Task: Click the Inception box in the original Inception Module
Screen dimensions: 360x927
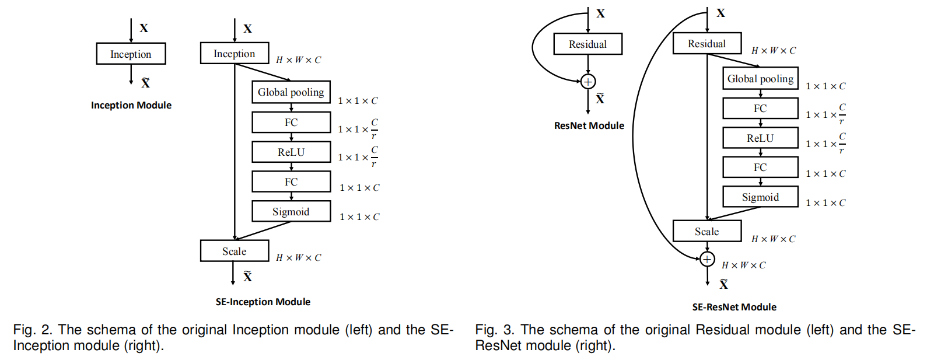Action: pos(131,54)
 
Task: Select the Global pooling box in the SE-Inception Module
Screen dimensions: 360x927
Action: pos(291,92)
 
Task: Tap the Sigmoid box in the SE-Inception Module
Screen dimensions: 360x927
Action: pos(291,211)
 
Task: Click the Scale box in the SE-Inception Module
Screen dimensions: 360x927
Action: pos(234,251)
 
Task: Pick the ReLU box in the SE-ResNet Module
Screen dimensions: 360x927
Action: pos(760,138)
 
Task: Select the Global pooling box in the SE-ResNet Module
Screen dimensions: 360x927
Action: pos(760,79)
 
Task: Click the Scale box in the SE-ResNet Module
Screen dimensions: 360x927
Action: pos(706,231)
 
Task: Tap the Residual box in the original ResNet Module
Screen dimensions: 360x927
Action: pos(587,44)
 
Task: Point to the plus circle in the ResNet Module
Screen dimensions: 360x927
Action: pos(588,82)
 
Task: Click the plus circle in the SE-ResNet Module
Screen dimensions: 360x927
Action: pos(707,259)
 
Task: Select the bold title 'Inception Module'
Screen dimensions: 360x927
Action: pos(131,105)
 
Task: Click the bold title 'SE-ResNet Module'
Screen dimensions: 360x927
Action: pos(734,307)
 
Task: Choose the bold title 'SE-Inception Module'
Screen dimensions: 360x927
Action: pos(263,302)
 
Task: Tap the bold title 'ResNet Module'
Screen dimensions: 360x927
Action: pos(589,125)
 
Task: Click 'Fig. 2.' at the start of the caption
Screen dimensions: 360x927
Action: pos(33,330)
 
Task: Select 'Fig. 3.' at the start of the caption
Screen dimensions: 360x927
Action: pos(495,330)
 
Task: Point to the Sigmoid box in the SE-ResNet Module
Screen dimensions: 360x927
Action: pos(760,197)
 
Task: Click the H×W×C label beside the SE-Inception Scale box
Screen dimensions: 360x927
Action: pos(298,258)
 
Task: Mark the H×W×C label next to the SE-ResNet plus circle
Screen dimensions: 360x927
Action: pos(743,265)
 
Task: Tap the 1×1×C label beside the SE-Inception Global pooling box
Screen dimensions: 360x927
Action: pos(358,101)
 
